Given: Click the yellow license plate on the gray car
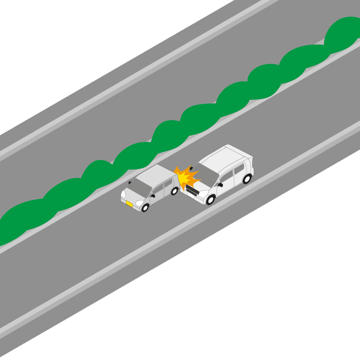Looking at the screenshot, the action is click(x=129, y=204).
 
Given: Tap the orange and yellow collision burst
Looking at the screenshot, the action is click(x=186, y=177).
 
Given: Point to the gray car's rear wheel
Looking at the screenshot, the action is click(x=175, y=191).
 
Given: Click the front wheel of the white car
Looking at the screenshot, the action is click(x=211, y=199).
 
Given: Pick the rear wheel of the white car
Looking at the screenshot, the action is click(x=247, y=179).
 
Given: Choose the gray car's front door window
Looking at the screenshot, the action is click(x=158, y=189).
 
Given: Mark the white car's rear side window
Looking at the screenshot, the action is click(x=239, y=169).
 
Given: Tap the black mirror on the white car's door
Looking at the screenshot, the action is click(x=220, y=184).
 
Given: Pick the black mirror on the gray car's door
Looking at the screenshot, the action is click(x=153, y=196).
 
